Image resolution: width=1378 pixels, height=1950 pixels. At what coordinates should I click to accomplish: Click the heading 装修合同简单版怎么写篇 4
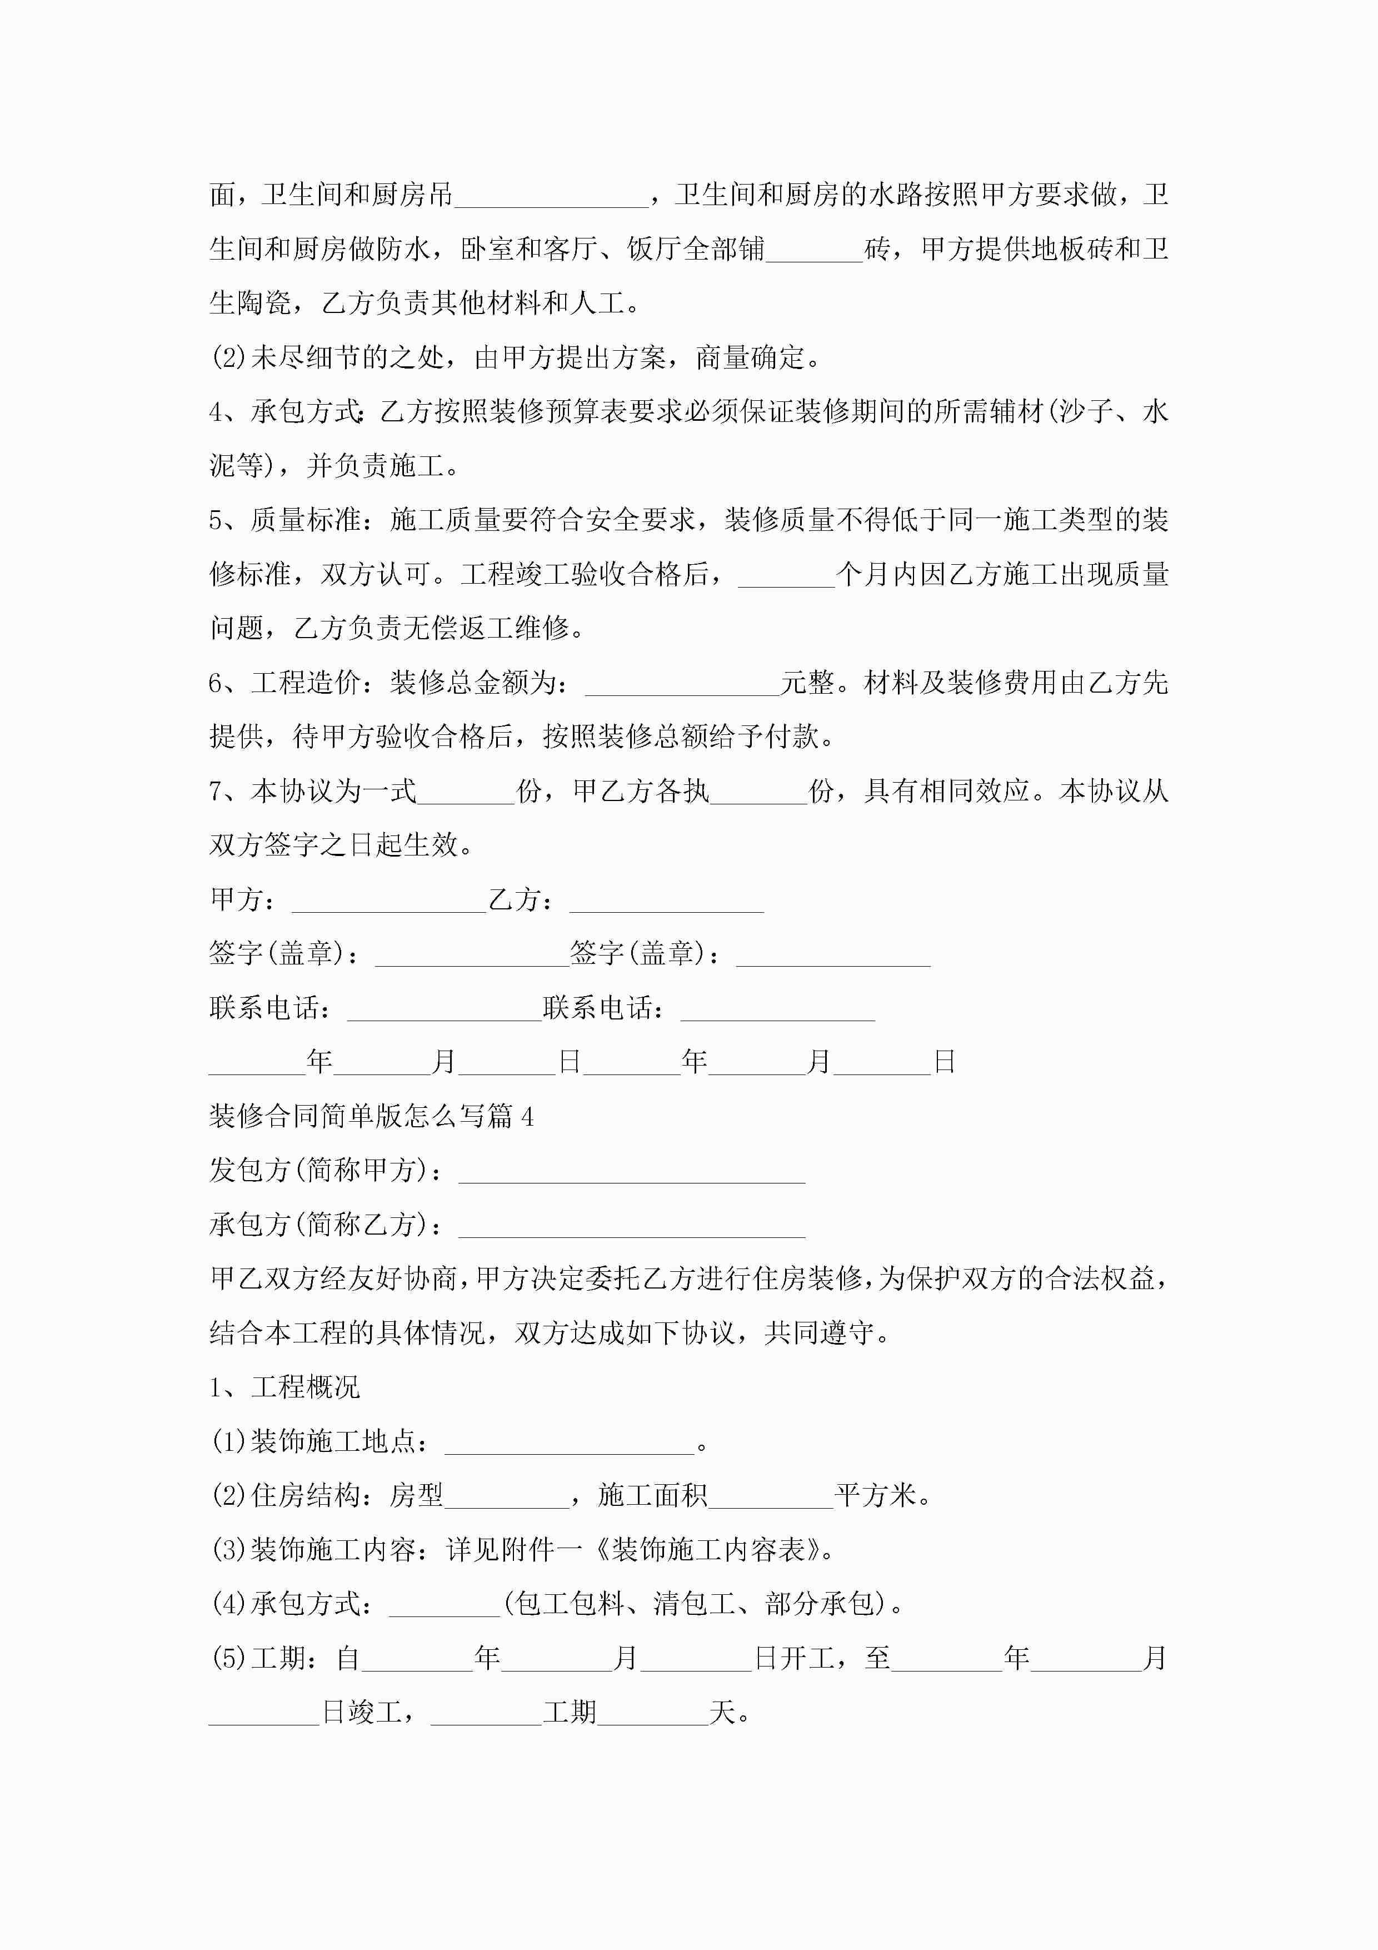pos(371,1116)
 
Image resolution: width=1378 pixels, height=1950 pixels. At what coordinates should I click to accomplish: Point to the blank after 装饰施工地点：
pos(570,1443)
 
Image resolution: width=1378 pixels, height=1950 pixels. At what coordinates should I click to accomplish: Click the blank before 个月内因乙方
pos(786,576)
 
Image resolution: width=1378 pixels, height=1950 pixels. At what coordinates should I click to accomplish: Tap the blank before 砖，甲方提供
pos(814,251)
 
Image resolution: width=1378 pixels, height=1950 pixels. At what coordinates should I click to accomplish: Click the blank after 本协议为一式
pos(466,793)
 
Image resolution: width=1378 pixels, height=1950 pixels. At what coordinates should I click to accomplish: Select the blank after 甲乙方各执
pos(758,793)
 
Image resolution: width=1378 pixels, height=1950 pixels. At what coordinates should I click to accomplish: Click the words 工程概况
pos(306,1388)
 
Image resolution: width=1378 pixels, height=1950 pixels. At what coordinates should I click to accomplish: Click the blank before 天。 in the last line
pos(652,1713)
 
